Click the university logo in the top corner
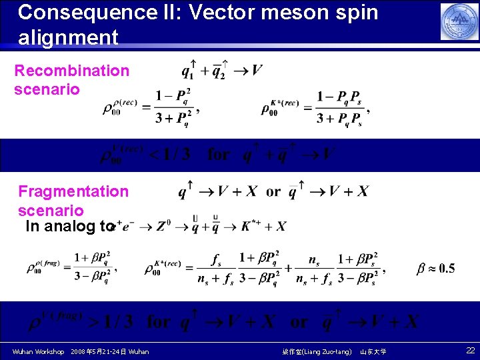[459, 21]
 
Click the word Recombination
[72, 71]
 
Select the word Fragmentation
[73, 191]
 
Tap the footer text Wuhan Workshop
[38, 351]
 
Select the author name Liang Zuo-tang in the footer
[326, 351]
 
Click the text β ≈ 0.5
[435, 269]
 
